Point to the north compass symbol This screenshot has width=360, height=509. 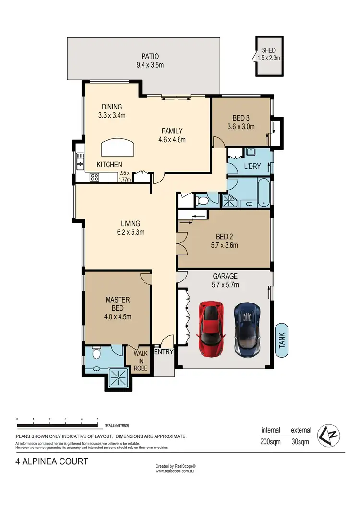click(x=330, y=435)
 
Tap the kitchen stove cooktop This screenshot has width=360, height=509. click(x=95, y=177)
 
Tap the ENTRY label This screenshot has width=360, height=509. click(x=163, y=352)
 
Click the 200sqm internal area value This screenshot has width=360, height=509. click(x=271, y=441)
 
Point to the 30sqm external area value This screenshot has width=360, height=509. click(x=300, y=441)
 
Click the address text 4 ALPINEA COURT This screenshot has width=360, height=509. click(x=51, y=462)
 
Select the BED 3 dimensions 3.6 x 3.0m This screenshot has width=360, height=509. click(x=240, y=127)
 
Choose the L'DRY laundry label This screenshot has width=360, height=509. click(x=252, y=167)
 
